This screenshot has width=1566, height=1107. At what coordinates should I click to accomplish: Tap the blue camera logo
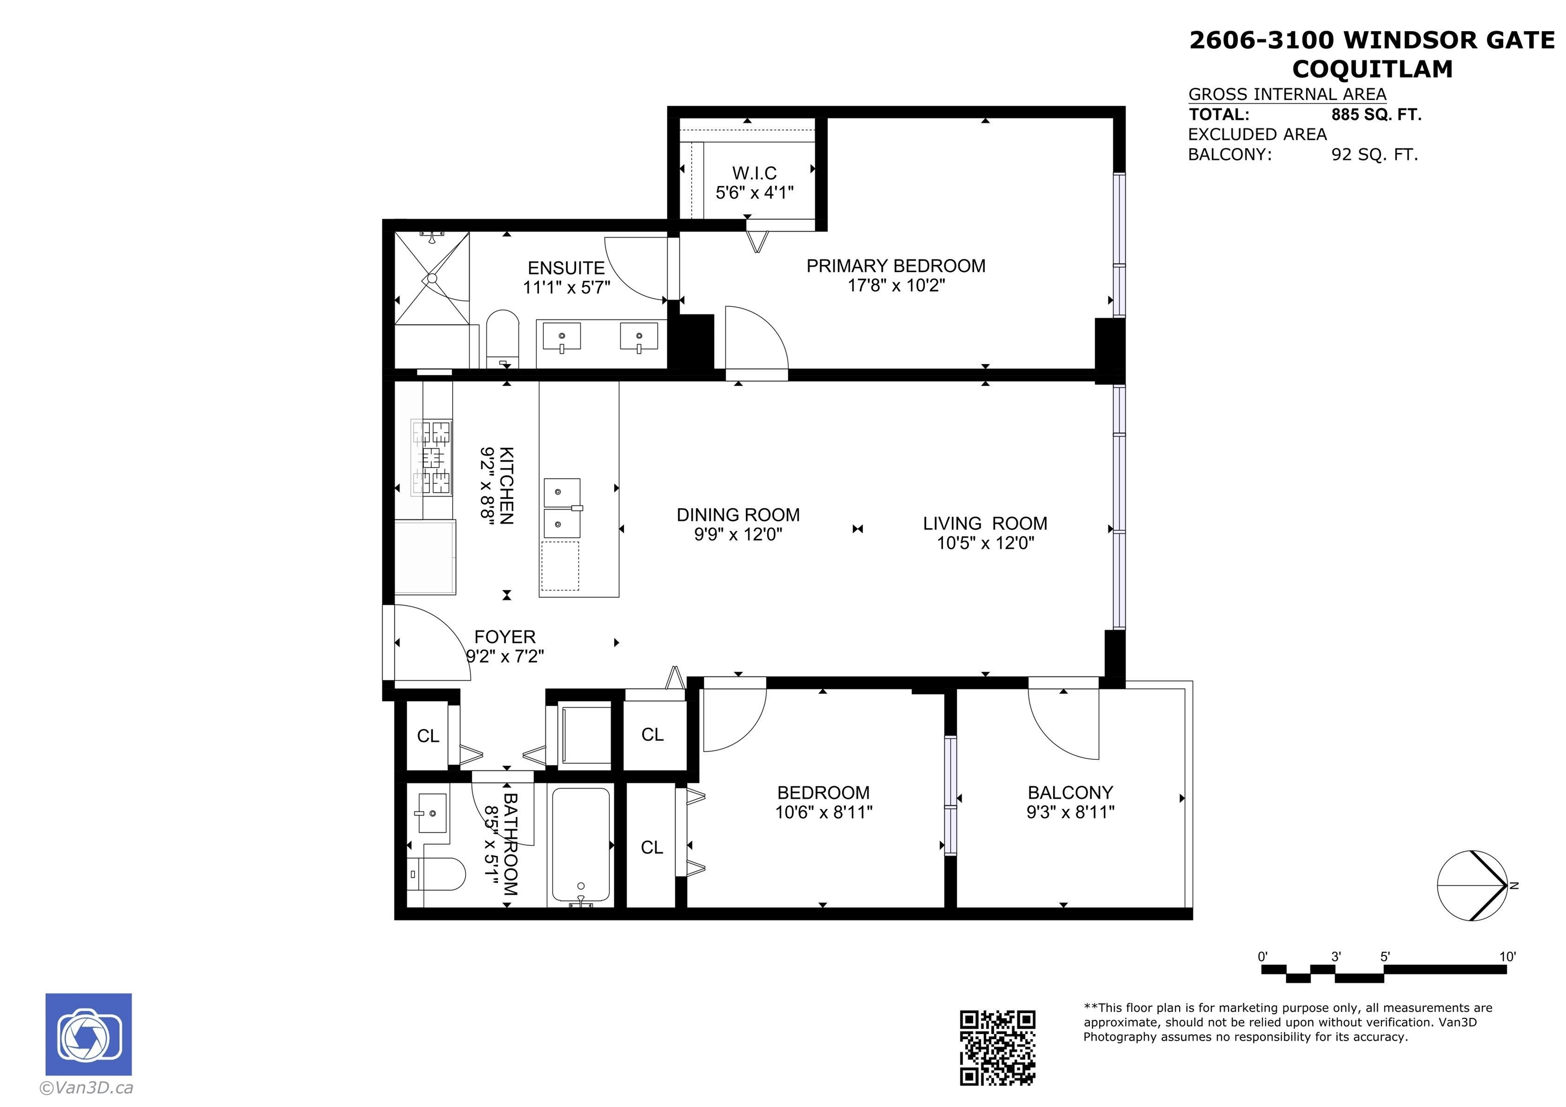coord(89,1034)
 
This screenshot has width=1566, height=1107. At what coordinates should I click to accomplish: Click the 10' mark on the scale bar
coord(1507,956)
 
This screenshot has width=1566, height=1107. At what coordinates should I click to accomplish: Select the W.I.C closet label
coord(754,173)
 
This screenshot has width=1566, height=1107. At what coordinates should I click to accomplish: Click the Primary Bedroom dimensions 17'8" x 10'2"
coord(896,285)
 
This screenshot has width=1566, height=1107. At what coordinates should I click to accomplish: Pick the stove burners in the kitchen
coord(431,457)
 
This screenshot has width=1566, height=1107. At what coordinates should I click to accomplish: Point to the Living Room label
coord(985,523)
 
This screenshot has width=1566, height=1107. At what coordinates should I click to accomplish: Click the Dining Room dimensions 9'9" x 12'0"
coord(739,534)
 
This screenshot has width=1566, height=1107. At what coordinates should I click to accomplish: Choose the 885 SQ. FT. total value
coord(1376,115)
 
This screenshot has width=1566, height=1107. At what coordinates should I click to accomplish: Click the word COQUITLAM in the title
coord(1372,69)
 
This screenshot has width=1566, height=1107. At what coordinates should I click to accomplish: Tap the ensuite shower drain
coord(432,278)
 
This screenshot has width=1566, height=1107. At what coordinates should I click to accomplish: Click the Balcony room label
coord(1070,792)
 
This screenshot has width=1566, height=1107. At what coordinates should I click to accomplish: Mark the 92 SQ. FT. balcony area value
coord(1374,155)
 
